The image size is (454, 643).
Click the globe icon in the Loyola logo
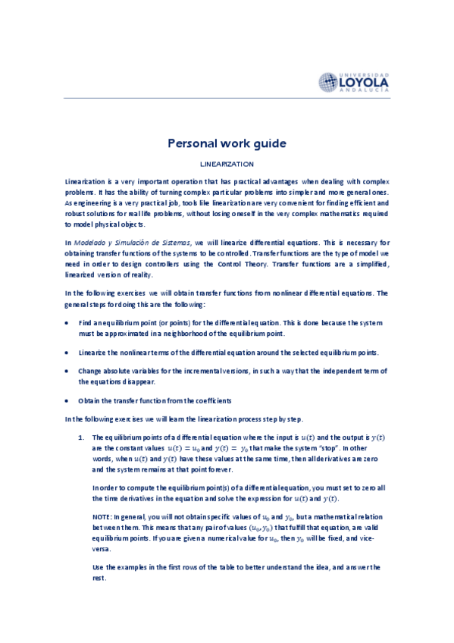pos(329,82)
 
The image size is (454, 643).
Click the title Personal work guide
pos(227,143)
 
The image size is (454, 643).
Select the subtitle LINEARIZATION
pos(227,163)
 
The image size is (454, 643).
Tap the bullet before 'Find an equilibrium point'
pos(69,323)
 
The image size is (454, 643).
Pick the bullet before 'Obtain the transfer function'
pos(69,400)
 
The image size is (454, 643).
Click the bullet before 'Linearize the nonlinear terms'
pos(69,353)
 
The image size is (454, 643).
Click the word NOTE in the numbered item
pos(101,516)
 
